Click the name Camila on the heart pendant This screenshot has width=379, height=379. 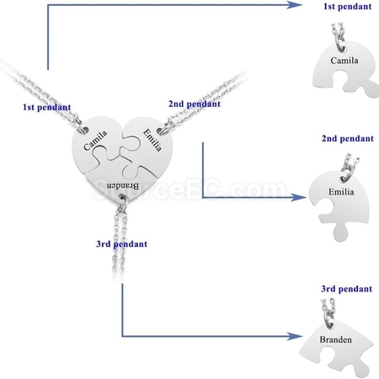[x=95, y=140]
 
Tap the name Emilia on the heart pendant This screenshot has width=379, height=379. [x=152, y=140]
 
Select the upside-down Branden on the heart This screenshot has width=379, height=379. [x=123, y=186]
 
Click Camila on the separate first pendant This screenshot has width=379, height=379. [x=344, y=61]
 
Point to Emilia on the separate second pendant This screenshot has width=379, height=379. [x=341, y=192]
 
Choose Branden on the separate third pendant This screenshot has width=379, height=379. [x=335, y=339]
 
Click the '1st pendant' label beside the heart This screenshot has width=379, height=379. [x=47, y=107]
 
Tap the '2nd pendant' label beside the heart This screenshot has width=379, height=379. [x=195, y=104]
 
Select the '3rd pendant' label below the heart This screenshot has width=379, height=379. [x=121, y=243]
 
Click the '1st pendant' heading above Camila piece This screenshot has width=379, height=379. [x=348, y=6]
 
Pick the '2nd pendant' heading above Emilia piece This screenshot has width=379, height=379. [x=348, y=138]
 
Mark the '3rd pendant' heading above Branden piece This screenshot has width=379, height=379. [x=347, y=289]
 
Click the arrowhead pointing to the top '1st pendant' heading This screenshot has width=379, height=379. [x=295, y=5]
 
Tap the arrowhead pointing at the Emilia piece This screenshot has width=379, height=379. [x=299, y=197]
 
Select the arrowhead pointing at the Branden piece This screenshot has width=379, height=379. [x=295, y=336]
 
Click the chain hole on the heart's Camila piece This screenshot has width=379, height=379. [x=84, y=130]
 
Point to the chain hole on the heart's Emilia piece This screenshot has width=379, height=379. [x=160, y=131]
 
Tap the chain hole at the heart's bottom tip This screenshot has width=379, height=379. [x=122, y=196]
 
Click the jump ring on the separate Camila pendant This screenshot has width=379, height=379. [x=340, y=45]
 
